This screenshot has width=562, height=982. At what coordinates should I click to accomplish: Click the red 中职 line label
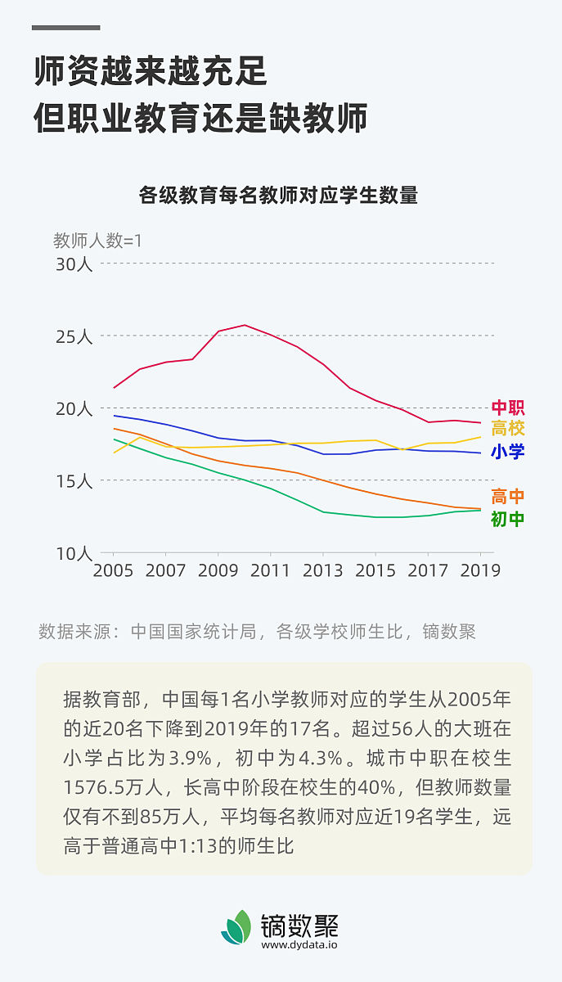(507, 408)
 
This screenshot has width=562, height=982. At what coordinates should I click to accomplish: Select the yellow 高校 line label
(507, 428)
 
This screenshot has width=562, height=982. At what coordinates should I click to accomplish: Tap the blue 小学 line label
(507, 452)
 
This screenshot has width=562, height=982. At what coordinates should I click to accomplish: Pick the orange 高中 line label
(507, 497)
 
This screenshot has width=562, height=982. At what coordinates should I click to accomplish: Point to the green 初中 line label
(507, 519)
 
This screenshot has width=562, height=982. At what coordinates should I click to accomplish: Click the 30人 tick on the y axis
(74, 264)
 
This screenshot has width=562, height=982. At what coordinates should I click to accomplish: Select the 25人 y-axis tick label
(74, 336)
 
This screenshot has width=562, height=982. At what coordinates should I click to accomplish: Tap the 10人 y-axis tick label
(74, 553)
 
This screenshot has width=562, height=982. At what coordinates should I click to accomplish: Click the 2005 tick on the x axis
(114, 570)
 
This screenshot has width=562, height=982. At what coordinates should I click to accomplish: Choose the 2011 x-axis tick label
(271, 570)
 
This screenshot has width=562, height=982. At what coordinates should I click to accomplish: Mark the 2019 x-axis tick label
(480, 570)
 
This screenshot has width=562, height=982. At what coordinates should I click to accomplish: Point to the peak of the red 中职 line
(245, 325)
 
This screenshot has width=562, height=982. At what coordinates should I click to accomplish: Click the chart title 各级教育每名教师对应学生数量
(278, 196)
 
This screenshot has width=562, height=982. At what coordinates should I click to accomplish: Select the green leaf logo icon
(236, 927)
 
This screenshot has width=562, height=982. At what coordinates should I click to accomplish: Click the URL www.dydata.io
(299, 944)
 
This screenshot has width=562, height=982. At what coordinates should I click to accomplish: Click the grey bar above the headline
(65, 28)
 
